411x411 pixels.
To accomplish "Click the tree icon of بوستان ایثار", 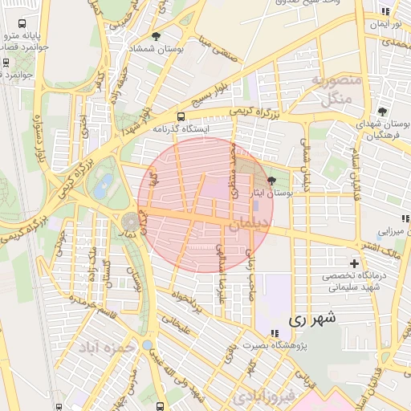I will [x=271, y=181].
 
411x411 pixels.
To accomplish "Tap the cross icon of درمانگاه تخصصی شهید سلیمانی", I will [x=354, y=263].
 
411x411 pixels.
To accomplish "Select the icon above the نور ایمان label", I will [x=385, y=11].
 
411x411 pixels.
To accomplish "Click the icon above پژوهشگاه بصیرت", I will [x=275, y=333].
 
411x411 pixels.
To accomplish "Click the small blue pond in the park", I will [x=103, y=190].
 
